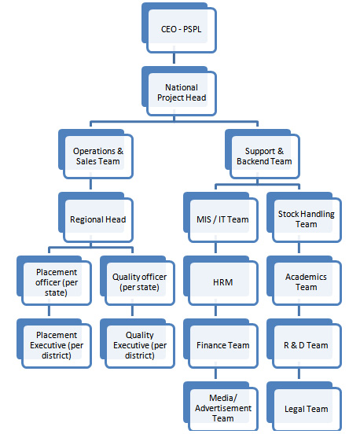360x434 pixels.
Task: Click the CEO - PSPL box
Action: tap(179, 28)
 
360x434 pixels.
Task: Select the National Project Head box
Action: tap(179, 91)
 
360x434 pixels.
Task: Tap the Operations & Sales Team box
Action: tap(96, 154)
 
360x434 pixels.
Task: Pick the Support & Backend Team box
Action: tap(263, 154)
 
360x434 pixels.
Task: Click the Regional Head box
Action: tap(96, 218)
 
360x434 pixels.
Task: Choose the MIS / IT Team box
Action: tap(221, 218)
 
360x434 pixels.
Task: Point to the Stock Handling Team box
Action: tap(304, 218)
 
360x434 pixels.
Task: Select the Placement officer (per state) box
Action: tap(54, 281)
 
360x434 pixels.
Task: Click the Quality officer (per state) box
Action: tap(138, 281)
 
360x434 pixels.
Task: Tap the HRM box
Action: tap(221, 281)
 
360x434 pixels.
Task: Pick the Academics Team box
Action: tap(304, 281)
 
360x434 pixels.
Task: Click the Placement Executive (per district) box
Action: tap(54, 344)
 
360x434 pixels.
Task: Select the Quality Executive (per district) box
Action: tap(138, 344)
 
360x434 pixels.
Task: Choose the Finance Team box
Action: tap(221, 344)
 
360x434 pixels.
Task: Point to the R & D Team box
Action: tap(304, 344)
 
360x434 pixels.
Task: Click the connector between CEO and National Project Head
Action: tap(174, 58)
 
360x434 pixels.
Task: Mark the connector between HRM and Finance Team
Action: tap(215, 311)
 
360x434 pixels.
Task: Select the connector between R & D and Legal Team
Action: tap(299, 374)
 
